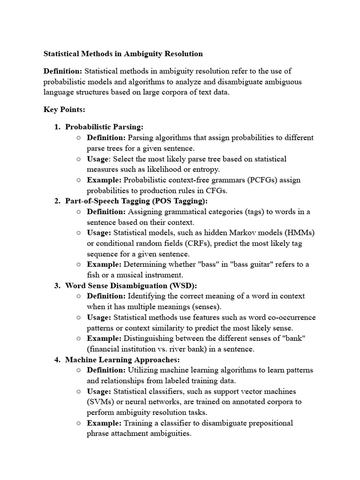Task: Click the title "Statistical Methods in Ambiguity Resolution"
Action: click(x=123, y=54)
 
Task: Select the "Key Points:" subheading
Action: click(x=64, y=109)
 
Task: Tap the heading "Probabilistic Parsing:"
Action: click(x=104, y=127)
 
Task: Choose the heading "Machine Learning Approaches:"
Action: click(x=122, y=360)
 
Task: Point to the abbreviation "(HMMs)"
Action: click(x=299, y=232)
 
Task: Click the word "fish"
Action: click(x=94, y=275)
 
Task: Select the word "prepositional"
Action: click(x=270, y=423)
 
